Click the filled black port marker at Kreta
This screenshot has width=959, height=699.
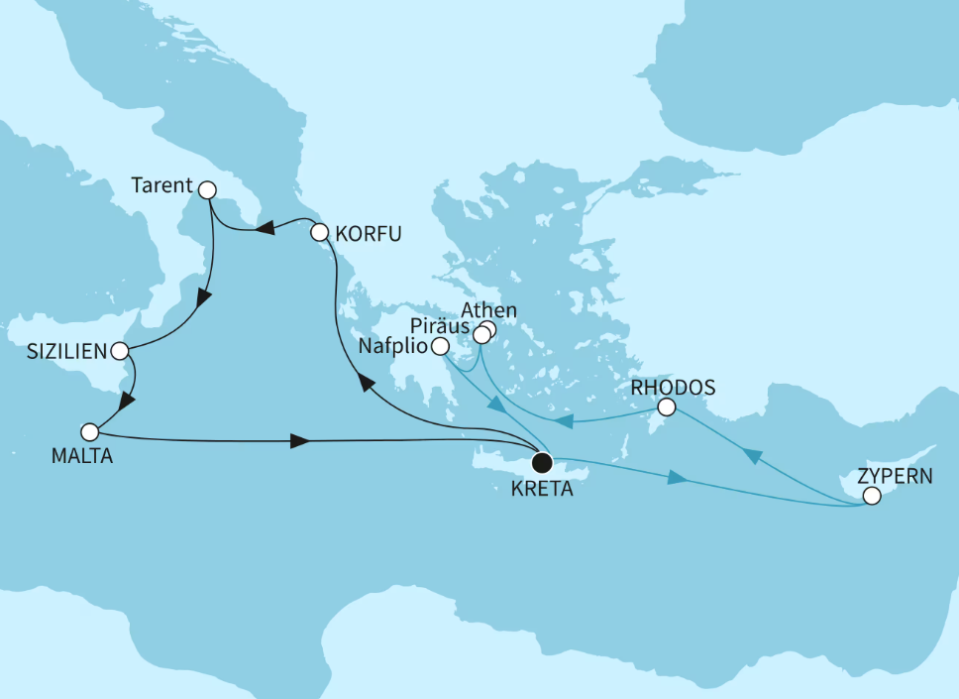[542, 462]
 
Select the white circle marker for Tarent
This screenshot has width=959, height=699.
[207, 189]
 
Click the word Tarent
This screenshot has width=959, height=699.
[161, 183]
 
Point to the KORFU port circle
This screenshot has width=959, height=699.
[319, 234]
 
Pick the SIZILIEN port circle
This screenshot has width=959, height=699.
[120, 351]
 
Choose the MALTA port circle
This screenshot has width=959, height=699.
[90, 432]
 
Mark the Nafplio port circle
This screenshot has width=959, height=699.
[440, 346]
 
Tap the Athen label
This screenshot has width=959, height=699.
[494, 310]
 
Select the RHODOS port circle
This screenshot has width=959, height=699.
[667, 407]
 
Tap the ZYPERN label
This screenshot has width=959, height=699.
[897, 474]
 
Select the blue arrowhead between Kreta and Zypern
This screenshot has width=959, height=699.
[677, 479]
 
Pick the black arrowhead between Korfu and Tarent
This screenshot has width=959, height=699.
[265, 230]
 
